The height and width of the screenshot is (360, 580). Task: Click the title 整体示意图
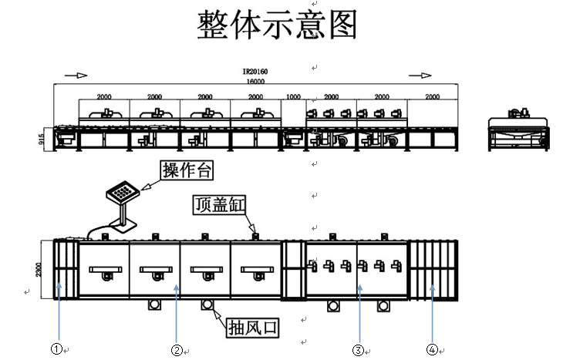click(x=278, y=25)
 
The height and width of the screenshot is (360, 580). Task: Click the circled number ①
click(x=56, y=349)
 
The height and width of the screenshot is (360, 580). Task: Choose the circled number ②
click(x=177, y=351)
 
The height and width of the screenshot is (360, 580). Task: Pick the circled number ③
click(x=358, y=350)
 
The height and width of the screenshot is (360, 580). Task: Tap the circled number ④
click(x=433, y=349)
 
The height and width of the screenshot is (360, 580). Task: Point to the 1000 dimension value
click(x=293, y=97)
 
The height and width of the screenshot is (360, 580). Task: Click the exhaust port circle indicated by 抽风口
click(x=207, y=305)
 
